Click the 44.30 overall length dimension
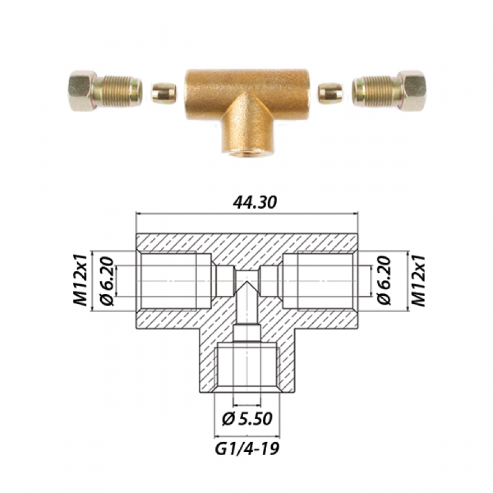255,202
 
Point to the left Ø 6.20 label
106,281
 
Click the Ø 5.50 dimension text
247,419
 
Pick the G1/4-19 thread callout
247,449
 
